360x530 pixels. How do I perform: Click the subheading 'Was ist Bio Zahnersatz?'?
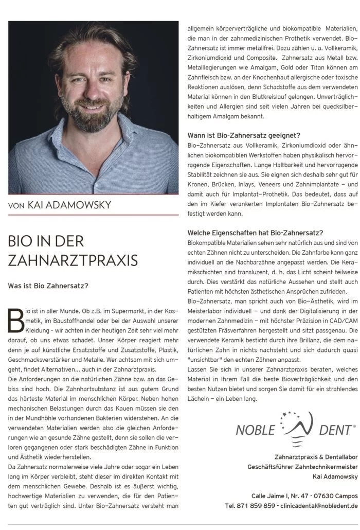(x=48, y=285)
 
